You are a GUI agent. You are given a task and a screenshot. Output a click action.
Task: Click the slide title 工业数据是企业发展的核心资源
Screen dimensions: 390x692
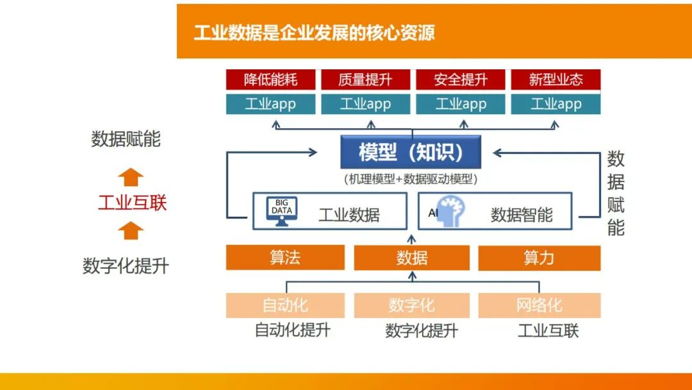314,33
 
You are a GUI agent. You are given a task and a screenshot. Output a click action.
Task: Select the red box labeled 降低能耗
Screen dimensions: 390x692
270,80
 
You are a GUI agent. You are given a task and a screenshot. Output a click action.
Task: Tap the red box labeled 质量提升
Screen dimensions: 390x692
365,80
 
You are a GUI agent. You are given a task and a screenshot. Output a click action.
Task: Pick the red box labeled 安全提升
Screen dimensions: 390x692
461,80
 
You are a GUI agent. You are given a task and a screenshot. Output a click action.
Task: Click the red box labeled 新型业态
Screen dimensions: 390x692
556,80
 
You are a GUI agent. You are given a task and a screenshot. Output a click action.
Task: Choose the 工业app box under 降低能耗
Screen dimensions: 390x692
270,104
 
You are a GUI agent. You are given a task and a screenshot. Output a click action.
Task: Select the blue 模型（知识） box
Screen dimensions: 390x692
411,153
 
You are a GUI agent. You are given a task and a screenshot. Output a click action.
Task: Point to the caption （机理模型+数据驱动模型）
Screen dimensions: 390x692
411,179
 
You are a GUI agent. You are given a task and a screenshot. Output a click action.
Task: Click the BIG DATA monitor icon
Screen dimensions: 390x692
282,211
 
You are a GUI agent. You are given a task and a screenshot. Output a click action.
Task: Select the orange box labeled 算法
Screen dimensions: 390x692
285,258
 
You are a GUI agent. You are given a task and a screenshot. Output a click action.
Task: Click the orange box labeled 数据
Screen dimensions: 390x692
411,258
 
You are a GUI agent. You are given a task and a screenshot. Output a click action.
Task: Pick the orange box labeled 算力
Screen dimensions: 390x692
539,258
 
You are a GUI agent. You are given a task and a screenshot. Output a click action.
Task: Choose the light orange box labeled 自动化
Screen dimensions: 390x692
285,305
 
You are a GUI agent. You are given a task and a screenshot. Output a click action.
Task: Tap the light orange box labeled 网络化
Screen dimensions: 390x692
539,305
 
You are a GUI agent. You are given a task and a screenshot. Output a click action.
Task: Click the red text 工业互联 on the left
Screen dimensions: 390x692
132,203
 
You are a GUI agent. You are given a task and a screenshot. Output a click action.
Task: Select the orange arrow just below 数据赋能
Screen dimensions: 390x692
131,176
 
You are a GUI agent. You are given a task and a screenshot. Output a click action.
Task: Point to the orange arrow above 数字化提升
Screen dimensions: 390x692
131,230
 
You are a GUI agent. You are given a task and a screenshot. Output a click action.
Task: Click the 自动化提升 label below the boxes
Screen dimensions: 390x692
293,330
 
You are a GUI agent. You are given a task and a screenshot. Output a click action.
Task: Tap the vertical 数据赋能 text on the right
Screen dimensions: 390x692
616,193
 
